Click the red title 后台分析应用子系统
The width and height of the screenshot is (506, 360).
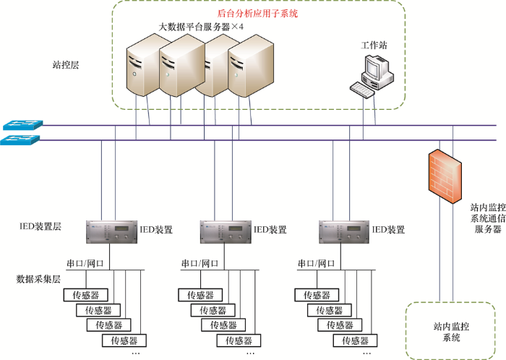click(257, 14)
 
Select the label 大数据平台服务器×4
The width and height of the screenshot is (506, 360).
click(201, 27)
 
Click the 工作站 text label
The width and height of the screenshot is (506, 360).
click(374, 45)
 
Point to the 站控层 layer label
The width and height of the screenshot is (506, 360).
click(66, 65)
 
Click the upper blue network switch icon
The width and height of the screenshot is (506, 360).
click(23, 125)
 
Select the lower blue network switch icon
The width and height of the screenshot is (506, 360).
click(20, 140)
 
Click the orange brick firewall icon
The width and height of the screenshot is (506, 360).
click(445, 176)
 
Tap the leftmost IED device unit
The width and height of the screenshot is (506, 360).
click(111, 232)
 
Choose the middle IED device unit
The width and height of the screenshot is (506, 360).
click(226, 232)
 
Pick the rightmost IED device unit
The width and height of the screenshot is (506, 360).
click(344, 232)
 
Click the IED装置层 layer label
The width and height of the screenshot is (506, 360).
click(40, 226)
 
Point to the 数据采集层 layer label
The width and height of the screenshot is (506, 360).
click(38, 279)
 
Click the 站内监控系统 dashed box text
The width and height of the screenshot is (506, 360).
click(451, 332)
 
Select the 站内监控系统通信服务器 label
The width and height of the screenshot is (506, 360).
click(488, 218)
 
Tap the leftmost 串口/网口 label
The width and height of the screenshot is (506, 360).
click(85, 264)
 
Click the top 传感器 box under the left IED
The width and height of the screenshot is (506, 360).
click(85, 295)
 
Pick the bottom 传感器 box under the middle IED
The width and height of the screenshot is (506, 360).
click(239, 340)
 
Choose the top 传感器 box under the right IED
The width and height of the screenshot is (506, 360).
click(317, 295)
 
